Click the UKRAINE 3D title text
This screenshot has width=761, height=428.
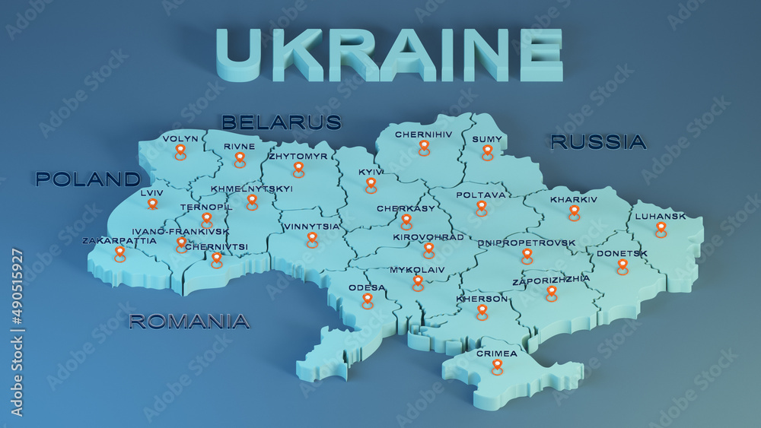390,55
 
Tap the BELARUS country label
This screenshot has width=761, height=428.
281,122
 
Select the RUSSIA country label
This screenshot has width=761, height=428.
598,141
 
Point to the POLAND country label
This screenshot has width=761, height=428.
88,179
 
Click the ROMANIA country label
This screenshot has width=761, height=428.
189,322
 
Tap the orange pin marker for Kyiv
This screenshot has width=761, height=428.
371,185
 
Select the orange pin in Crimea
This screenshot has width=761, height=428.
497,366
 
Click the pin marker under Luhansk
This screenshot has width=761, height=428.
661,229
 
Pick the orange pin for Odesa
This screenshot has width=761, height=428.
368,300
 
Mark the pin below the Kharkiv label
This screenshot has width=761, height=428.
574,212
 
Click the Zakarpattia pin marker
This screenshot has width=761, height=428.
119,253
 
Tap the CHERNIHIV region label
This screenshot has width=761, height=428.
423,135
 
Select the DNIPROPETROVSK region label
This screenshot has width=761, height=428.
527,243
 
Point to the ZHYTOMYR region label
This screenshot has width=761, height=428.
298,157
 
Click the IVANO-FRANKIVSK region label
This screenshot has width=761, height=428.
180,232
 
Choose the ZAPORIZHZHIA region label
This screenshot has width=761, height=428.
551,280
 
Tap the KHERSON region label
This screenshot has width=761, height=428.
482,299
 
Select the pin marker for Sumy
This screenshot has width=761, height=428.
487,152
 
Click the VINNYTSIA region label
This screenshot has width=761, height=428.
311,227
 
